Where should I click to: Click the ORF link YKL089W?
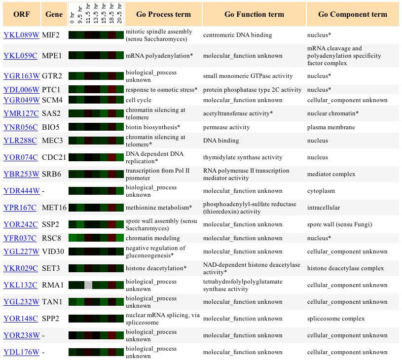tap(21, 35)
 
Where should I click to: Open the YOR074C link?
tap(21, 157)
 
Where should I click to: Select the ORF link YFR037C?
tap(20, 238)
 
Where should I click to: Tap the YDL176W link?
tap(21, 352)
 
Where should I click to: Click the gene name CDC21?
tap(54, 157)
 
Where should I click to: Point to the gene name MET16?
tap(54, 208)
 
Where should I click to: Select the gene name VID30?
tap(53, 252)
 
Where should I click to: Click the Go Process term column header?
tap(164, 14)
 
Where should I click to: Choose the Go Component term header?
tap(353, 14)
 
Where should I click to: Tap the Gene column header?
tap(54, 14)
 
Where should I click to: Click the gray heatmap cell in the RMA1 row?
tap(88, 285)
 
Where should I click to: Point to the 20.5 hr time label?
tap(119, 13)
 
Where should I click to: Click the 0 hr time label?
tap(72, 17)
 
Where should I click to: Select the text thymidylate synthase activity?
tap(243, 157)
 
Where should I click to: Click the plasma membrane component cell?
tap(331, 127)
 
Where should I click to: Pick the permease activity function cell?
tap(226, 127)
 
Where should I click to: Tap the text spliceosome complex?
tap(336, 319)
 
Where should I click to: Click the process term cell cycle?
tap(139, 100)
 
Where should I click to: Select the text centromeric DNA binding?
tap(237, 35)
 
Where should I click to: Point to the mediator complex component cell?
tap(331, 174)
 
